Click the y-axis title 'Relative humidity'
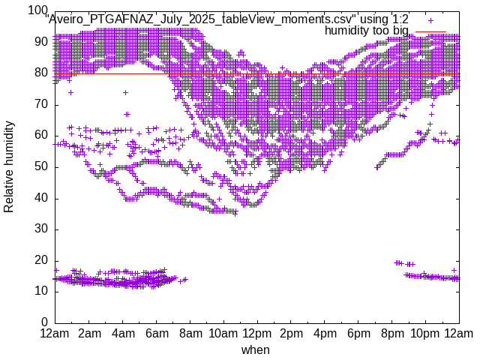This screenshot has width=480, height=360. [9, 165]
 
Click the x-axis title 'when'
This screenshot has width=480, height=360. [256, 349]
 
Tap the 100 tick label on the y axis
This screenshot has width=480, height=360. [37, 10]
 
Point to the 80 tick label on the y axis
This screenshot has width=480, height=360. [40, 73]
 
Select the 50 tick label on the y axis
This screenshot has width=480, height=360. [40, 166]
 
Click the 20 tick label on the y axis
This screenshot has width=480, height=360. [40, 259]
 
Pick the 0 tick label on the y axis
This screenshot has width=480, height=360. [44, 322]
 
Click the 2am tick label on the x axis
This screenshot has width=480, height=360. [89, 333]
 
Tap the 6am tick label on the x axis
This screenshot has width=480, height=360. [157, 333]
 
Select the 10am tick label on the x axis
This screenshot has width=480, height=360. [223, 333]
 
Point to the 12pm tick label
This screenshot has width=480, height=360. [256, 333]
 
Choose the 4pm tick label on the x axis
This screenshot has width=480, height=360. [324, 333]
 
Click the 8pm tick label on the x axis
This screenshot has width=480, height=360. [391, 333]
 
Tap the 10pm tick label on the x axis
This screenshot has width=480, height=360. [425, 333]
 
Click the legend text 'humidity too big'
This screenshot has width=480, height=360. [367, 31]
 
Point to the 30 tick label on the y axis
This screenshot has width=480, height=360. [40, 229]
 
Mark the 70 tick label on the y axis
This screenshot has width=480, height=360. [40, 104]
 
